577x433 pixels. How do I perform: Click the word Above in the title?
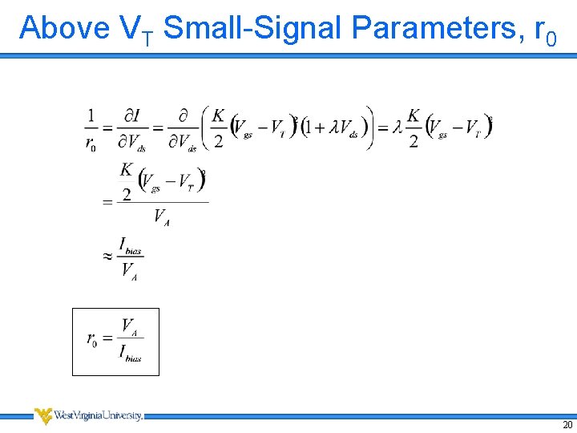65,29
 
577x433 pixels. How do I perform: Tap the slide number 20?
567,424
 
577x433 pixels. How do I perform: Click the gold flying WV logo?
43,415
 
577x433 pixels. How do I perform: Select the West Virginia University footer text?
99,415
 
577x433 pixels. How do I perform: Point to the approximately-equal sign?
107,257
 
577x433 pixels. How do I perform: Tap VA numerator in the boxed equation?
129,326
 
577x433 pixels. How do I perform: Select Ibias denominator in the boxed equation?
130,353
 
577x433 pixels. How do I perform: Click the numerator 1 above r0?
91,115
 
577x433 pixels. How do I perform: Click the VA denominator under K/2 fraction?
161,217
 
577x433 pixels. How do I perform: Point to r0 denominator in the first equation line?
91,143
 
